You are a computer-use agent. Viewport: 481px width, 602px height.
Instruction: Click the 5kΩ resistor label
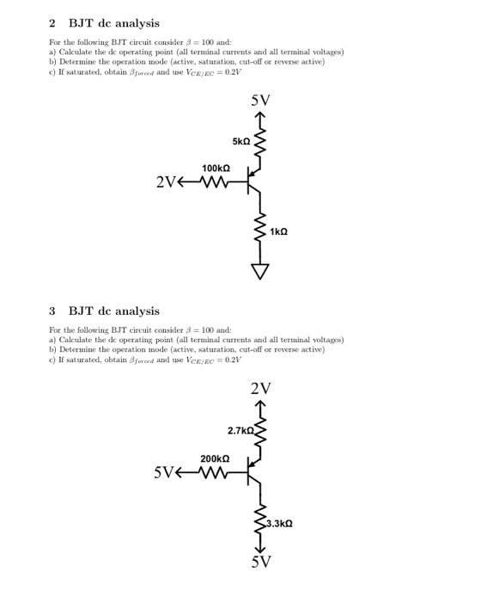[240, 140]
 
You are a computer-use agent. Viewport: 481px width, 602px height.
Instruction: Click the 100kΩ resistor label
[215, 168]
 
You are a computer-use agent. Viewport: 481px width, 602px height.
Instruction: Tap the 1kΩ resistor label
[278, 231]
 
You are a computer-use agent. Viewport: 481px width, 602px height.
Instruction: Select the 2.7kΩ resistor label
[242, 429]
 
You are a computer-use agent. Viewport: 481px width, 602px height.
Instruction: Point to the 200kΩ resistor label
[215, 458]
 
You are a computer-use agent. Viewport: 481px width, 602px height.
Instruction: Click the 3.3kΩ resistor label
[280, 523]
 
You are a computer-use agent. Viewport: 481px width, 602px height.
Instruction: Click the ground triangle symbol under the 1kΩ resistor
[259, 271]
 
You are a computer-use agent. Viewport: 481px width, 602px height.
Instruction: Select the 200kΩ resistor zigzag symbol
[215, 471]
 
